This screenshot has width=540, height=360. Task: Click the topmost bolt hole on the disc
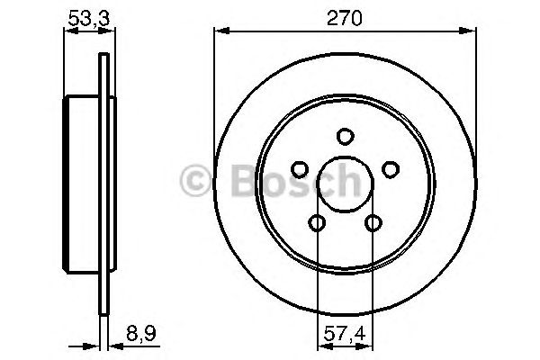click(344, 137)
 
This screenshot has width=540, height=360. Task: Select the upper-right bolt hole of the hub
click(391, 168)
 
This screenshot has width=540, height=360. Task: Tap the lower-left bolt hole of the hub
click(316, 223)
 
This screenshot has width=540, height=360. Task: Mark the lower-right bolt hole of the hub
click(373, 223)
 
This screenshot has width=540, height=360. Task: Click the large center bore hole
click(344, 184)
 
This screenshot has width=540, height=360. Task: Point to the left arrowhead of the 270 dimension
click(219, 31)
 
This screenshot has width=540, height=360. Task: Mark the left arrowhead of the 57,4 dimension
click(321, 345)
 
